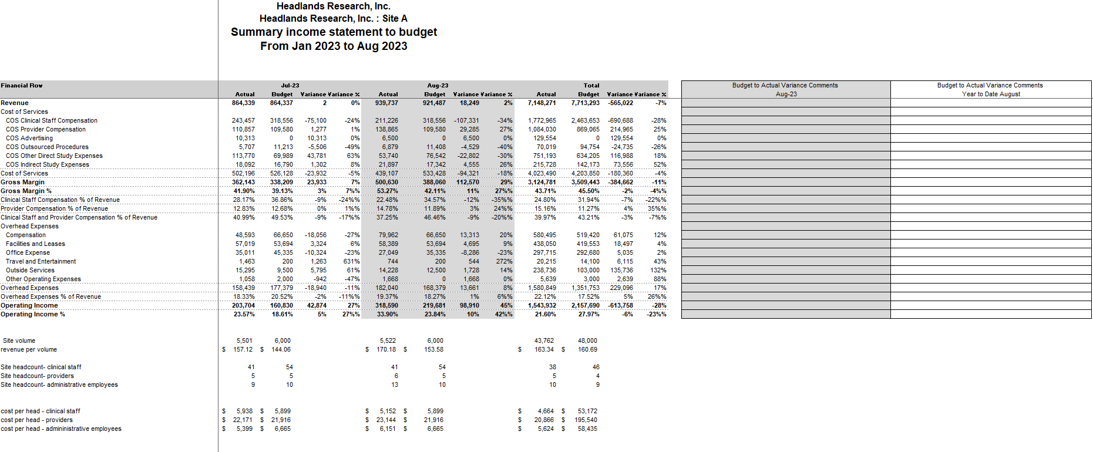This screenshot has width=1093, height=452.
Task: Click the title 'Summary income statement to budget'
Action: [x=334, y=32]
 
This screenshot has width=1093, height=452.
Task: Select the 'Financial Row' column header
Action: [x=22, y=86]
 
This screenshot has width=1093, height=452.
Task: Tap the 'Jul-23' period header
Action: [x=290, y=86]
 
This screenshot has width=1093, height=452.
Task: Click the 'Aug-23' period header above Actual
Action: [x=438, y=86]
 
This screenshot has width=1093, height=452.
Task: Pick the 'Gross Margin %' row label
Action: [x=26, y=191]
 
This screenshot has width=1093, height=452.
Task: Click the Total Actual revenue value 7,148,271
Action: [x=542, y=103]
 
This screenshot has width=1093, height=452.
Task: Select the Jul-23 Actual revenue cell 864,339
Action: [x=243, y=103]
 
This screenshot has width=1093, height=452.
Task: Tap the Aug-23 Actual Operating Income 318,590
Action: [x=386, y=306]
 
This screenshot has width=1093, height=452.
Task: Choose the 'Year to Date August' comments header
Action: [x=991, y=94]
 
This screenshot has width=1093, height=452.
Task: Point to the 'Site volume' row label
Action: [x=19, y=341]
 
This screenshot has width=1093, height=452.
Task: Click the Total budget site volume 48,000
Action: [x=587, y=341]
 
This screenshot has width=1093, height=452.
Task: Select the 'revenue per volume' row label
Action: [x=29, y=350]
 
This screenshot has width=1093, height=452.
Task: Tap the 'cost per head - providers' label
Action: [x=37, y=420]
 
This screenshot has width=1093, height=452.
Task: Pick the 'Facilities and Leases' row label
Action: [x=35, y=244]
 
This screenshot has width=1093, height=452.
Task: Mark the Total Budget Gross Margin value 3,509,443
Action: [x=585, y=183]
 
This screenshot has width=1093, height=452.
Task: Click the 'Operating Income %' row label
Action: [x=33, y=315]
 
